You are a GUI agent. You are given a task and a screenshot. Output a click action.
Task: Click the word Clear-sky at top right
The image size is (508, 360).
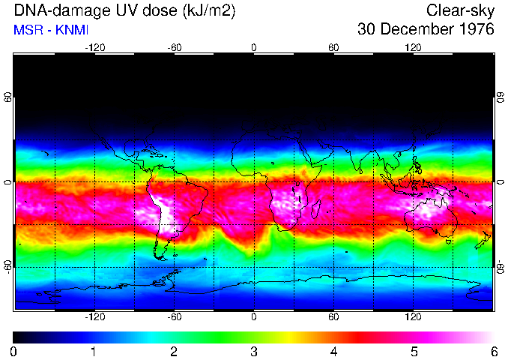[461, 10]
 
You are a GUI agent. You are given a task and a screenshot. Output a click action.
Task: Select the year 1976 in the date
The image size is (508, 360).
[472, 30]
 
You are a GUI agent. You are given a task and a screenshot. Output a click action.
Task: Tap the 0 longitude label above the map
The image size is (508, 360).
[254, 47]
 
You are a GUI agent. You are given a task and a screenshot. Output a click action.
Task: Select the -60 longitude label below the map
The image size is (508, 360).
[174, 316]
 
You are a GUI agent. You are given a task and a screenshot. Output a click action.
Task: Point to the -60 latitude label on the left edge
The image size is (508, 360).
[8, 266]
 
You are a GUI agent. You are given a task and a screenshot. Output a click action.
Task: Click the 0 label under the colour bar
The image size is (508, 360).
[13, 351]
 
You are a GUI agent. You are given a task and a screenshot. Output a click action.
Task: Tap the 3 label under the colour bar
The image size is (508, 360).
[253, 351]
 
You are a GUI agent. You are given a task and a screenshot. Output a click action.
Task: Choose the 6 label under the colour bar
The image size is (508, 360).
[493, 351]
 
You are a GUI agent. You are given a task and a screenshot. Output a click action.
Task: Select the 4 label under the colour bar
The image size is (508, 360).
[333, 351]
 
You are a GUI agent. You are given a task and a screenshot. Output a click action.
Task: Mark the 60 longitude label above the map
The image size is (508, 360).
[333, 47]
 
